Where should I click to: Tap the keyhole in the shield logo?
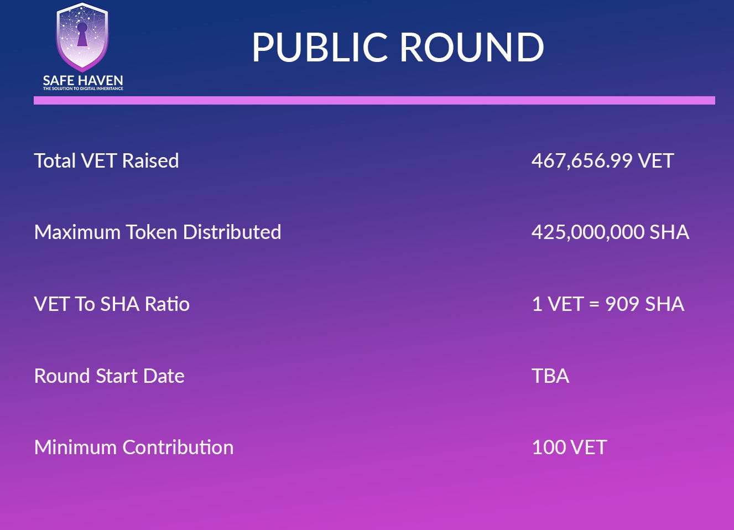click(82, 34)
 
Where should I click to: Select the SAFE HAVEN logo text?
click(83, 80)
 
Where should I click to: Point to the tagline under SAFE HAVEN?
click(83, 89)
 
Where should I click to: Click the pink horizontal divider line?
click(374, 100)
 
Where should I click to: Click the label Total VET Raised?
click(107, 160)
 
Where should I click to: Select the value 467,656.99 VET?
click(602, 160)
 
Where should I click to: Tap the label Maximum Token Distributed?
click(158, 232)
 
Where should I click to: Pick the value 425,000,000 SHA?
click(610, 232)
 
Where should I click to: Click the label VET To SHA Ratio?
click(112, 304)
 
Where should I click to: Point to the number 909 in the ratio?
click(622, 304)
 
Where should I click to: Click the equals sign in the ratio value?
click(594, 304)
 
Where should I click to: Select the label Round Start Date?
click(110, 376)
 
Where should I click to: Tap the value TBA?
click(550, 376)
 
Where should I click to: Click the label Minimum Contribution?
click(134, 447)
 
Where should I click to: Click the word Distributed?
click(232, 232)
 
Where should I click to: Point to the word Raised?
click(150, 160)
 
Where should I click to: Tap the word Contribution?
click(178, 447)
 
